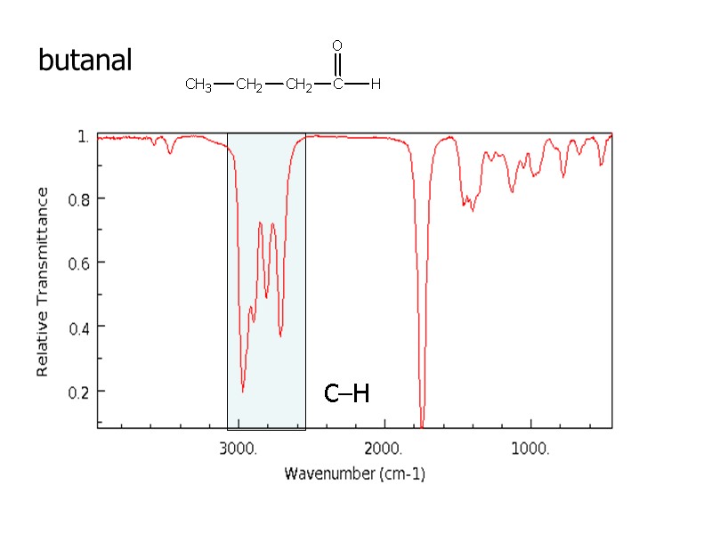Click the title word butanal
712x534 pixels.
[85, 61]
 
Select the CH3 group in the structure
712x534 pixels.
[198, 85]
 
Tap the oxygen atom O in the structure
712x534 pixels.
[337, 44]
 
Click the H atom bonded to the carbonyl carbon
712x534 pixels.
[376, 85]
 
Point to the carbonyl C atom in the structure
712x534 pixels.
[337, 85]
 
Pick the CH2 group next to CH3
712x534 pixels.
[249, 85]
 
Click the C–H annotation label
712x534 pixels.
[346, 393]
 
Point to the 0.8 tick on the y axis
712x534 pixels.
[79, 198]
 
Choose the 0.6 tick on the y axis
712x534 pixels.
[79, 263]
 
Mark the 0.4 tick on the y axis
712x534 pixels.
[79, 327]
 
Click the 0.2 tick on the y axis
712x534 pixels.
[79, 392]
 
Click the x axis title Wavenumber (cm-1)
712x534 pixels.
[354, 474]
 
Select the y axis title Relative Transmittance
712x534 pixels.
[43, 281]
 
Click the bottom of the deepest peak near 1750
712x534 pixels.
[423, 425]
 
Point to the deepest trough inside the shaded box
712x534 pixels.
[243, 390]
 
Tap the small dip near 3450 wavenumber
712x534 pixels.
[171, 153]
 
